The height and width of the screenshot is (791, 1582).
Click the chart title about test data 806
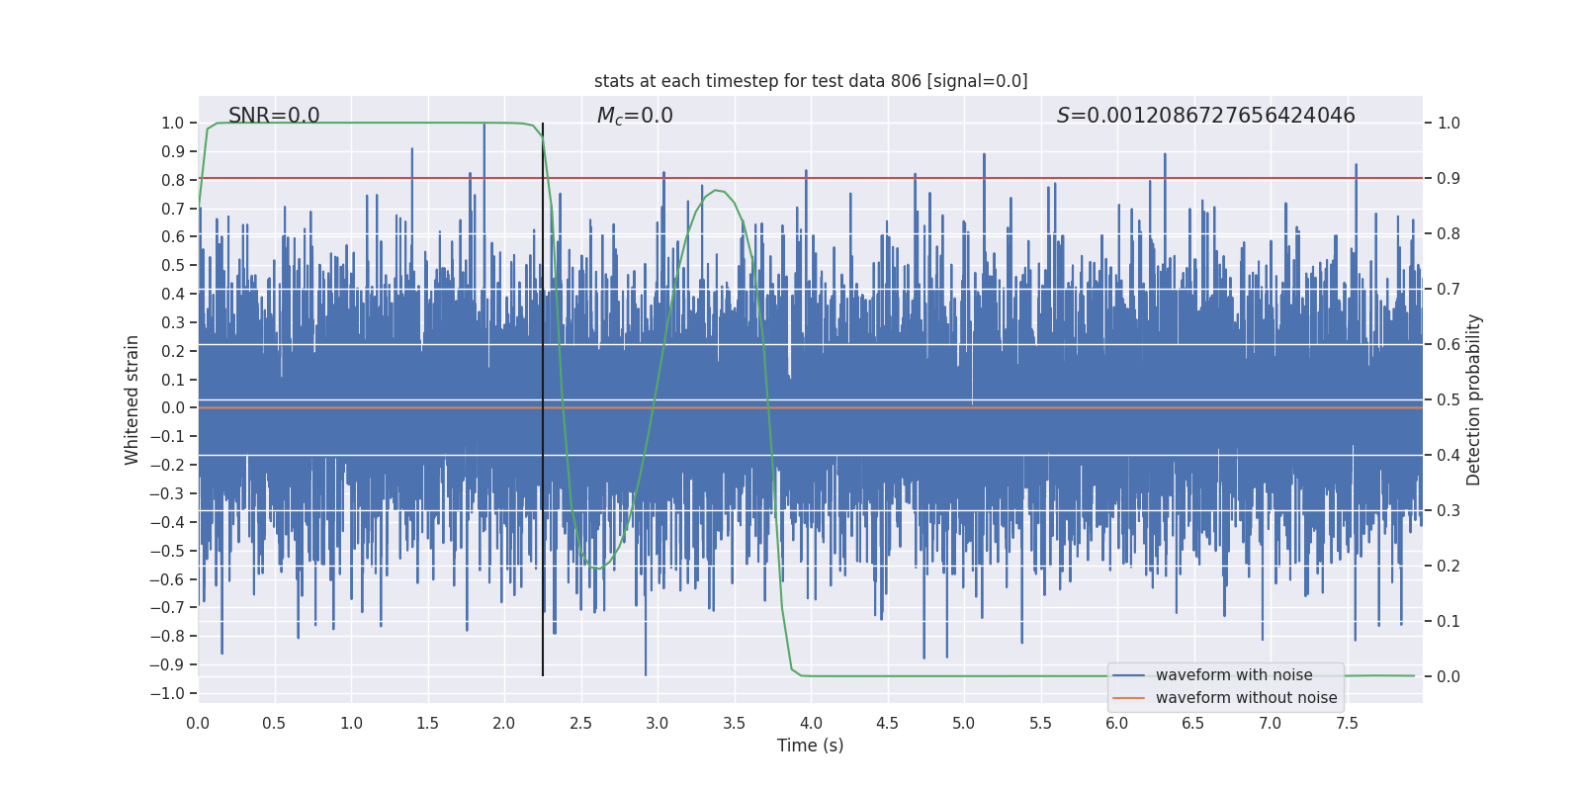pyautogui.click(x=811, y=81)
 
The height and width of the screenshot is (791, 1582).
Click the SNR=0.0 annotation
pyautogui.click(x=274, y=116)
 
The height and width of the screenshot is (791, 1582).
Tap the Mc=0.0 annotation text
pyautogui.click(x=635, y=116)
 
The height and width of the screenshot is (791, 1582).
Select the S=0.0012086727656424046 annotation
pyautogui.click(x=1205, y=116)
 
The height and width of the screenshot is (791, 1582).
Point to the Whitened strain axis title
pyautogui.click(x=132, y=399)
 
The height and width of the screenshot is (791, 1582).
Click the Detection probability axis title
pyautogui.click(x=1474, y=399)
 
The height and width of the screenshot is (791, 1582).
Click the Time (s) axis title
pyautogui.click(x=810, y=746)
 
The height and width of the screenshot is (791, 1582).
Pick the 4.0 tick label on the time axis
pyautogui.click(x=811, y=723)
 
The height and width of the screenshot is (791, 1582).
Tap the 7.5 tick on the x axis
pyautogui.click(x=1347, y=723)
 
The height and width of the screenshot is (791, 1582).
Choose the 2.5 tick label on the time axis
pyautogui.click(x=580, y=723)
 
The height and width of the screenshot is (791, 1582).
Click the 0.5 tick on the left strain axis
pyautogui.click(x=173, y=265)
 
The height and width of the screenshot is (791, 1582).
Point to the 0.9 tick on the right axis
pyautogui.click(x=1449, y=179)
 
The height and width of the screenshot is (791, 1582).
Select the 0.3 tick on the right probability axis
pyautogui.click(x=1449, y=511)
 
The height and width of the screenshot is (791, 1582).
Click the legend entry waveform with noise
pyautogui.click(x=1234, y=675)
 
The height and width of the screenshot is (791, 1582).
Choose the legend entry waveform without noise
pyautogui.click(x=1246, y=698)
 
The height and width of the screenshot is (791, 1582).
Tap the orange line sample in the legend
pyautogui.click(x=1128, y=698)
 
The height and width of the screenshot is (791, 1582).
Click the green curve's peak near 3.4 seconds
pyautogui.click(x=716, y=190)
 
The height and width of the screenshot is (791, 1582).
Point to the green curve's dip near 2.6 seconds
pyautogui.click(x=597, y=568)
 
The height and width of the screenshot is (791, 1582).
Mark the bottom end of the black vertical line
pyautogui.click(x=543, y=675)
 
